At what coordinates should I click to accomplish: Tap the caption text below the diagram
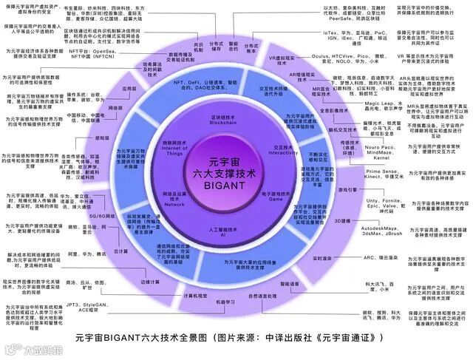(x=235, y=338)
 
